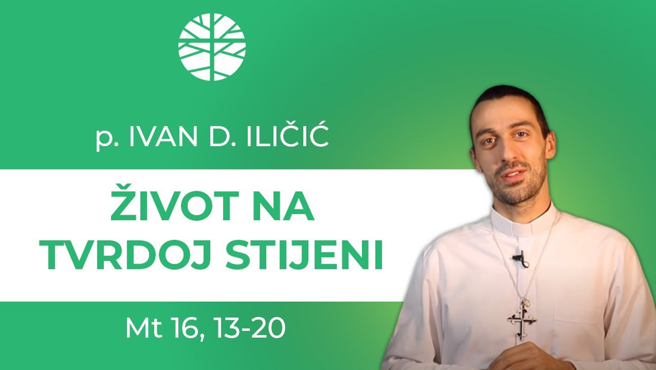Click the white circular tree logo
coord(212,47)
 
